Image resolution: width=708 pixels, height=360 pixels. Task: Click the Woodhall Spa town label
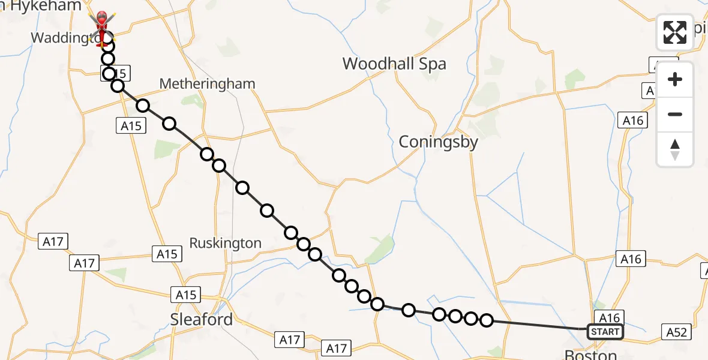pyautogui.click(x=394, y=64)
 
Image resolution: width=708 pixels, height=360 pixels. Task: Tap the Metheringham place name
pyautogui.click(x=207, y=84)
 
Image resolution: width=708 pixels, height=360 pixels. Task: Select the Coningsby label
pyautogui.click(x=439, y=142)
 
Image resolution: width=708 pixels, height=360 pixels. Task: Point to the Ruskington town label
pyautogui.click(x=225, y=243)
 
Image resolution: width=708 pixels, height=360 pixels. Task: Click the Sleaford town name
pyautogui.click(x=202, y=319)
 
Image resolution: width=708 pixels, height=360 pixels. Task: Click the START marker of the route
pyautogui.click(x=605, y=332)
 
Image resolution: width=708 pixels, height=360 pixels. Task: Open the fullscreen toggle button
pyautogui.click(x=675, y=32)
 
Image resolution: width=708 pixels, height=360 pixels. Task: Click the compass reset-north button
pyautogui.click(x=675, y=149)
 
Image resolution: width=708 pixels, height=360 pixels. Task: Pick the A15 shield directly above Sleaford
pyautogui.click(x=187, y=295)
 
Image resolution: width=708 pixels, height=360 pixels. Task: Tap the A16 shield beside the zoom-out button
pyautogui.click(x=632, y=121)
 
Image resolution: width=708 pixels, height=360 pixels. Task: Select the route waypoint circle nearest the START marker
pyautogui.click(x=487, y=320)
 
